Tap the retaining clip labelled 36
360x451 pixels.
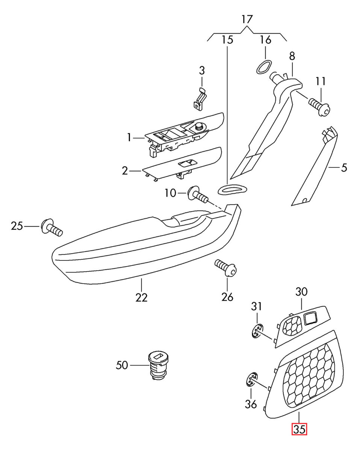[x=252, y=380]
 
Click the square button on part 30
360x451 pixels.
[x=310, y=318]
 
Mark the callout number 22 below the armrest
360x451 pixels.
[x=141, y=297]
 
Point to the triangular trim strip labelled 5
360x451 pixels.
[x=315, y=169]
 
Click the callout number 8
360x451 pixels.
[x=292, y=56]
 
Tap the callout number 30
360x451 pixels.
[x=301, y=291]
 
